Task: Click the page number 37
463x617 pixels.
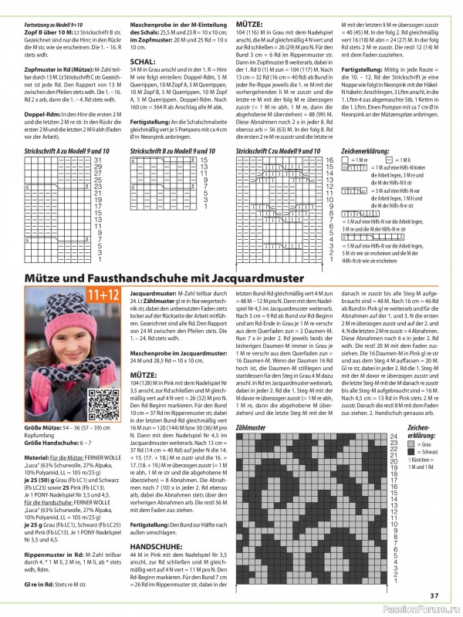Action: (434, 595)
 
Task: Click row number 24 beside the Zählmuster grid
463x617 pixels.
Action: (394, 458)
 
